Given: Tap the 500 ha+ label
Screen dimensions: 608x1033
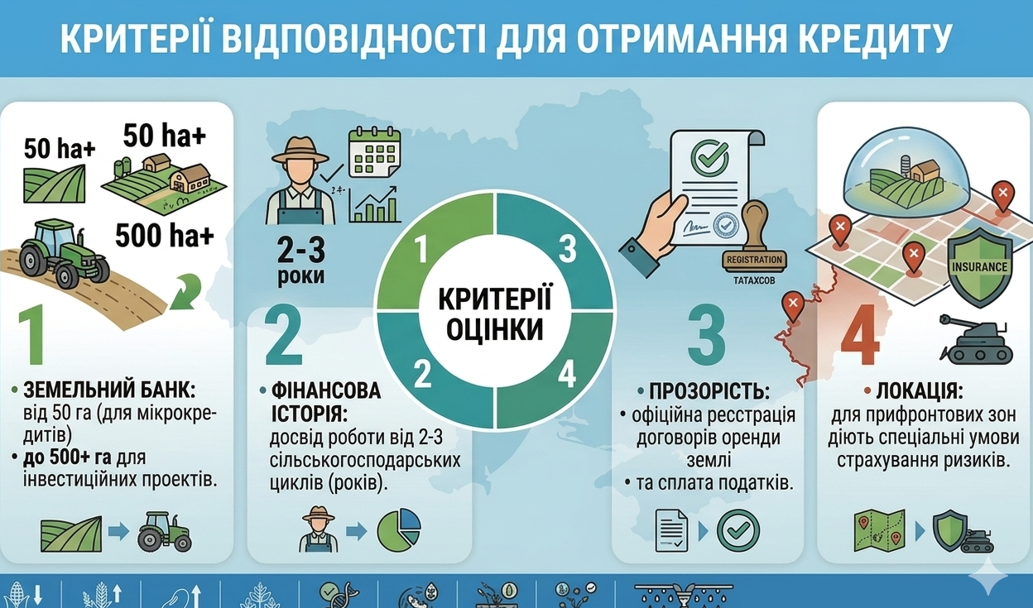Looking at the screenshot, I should click(x=165, y=237).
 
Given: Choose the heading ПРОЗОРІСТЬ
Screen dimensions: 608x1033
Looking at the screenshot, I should click(x=711, y=390).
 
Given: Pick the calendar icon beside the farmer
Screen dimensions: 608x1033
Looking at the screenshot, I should click(x=373, y=152).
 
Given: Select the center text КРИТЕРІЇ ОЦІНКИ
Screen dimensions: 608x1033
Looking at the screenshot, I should click(x=494, y=314).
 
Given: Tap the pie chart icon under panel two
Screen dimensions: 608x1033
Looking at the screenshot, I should click(x=399, y=529).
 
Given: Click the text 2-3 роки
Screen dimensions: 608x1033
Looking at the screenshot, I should click(x=296, y=260).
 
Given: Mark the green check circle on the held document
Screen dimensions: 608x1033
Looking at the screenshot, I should click(x=710, y=153).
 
